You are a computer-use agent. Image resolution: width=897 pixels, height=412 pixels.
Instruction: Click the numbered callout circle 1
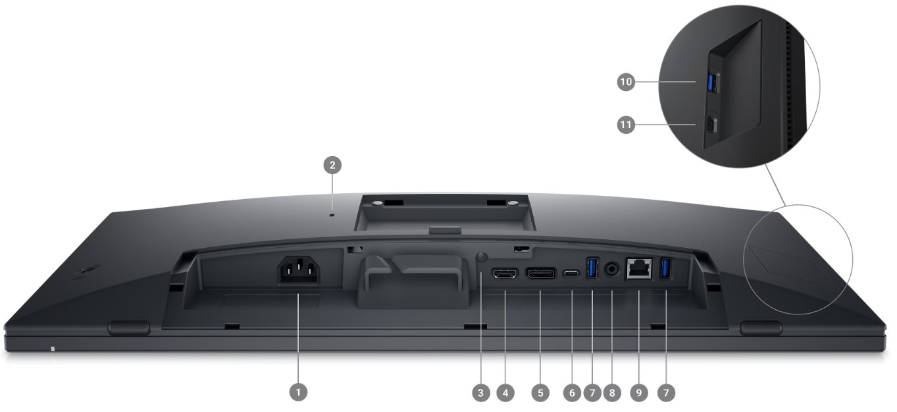[298, 392]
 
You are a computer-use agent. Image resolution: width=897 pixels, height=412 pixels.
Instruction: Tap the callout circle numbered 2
[332, 165]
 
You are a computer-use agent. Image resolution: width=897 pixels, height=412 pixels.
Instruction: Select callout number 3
[481, 393]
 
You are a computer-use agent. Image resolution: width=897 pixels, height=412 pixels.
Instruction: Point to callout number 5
[540, 393]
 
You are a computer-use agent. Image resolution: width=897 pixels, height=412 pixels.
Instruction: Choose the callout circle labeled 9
[639, 393]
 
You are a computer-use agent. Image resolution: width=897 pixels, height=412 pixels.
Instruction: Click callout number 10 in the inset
[626, 82]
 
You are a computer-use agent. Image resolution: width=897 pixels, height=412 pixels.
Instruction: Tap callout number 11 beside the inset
[626, 125]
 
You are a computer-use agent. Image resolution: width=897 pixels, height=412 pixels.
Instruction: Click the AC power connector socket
[299, 270]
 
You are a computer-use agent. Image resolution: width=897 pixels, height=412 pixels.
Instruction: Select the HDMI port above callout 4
[505, 274]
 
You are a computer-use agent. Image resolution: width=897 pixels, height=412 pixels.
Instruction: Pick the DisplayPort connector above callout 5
[540, 274]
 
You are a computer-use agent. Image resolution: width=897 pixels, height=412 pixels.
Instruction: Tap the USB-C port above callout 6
[571, 274]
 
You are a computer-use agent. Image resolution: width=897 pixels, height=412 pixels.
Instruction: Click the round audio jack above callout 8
[611, 269]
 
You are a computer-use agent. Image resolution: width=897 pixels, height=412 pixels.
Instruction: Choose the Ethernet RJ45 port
[639, 268]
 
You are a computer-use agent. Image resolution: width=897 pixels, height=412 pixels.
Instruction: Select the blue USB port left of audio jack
[593, 268]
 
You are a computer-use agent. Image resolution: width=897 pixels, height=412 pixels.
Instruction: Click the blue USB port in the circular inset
[712, 82]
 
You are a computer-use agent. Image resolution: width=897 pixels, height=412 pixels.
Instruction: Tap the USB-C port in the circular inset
[711, 125]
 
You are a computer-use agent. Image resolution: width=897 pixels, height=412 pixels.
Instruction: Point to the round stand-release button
[482, 256]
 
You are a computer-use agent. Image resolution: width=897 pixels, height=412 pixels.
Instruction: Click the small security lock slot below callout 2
[332, 216]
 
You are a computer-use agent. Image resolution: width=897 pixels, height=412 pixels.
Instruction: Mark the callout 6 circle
[572, 393]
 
